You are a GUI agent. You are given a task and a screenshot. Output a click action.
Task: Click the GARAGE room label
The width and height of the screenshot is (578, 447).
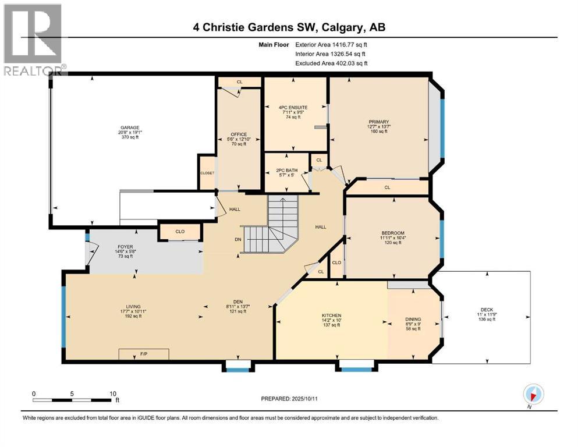click(x=130, y=127)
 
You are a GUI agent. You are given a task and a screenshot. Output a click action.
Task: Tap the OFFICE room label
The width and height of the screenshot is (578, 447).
click(x=239, y=134)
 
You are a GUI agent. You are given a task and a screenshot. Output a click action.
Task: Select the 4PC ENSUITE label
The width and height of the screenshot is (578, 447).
click(x=293, y=108)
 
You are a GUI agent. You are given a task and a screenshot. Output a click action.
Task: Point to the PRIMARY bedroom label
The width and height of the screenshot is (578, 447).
click(x=378, y=122)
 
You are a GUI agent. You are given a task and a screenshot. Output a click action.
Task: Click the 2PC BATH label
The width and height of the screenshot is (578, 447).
click(x=287, y=171)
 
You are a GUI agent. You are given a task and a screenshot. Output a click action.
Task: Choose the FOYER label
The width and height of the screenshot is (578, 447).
click(x=126, y=247)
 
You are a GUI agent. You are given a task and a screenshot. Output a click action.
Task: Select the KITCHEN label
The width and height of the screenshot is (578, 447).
click(x=332, y=315)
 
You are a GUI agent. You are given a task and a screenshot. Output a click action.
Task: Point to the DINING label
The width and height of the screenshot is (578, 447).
click(x=413, y=320)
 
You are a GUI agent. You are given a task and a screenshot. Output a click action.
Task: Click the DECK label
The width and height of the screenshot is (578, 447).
click(x=486, y=310)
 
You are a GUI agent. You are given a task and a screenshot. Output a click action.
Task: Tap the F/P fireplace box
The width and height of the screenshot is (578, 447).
click(x=144, y=354)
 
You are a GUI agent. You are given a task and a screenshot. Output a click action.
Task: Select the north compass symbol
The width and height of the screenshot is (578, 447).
click(x=533, y=395)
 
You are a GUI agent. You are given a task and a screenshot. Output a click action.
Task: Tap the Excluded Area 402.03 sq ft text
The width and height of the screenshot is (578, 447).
click(x=331, y=63)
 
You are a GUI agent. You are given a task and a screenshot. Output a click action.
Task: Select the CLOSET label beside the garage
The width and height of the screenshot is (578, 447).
click(x=207, y=173)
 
